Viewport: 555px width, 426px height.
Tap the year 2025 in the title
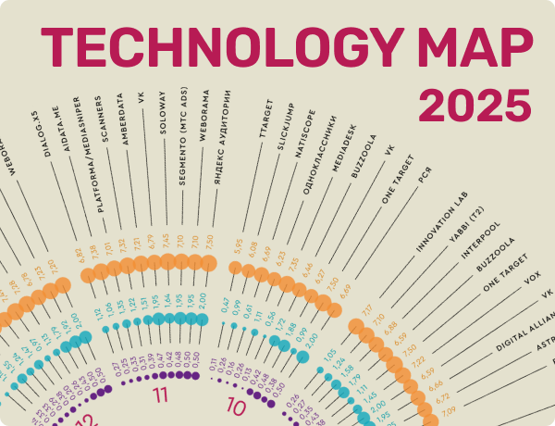click(475, 106)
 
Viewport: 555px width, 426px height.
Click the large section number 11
click(162, 396)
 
